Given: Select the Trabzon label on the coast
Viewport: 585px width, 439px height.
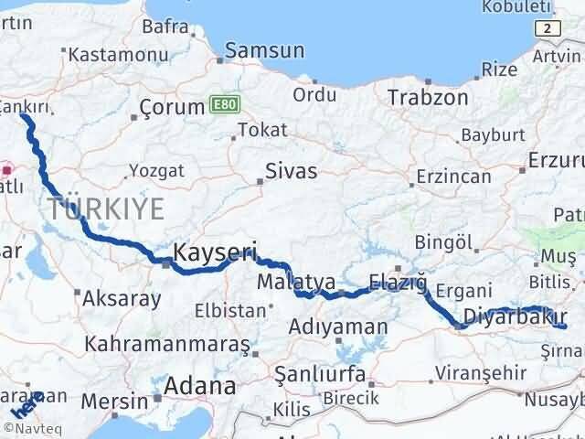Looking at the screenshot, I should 428,97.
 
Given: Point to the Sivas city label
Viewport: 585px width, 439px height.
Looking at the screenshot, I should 291,171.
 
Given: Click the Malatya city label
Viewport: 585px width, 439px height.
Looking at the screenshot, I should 296,280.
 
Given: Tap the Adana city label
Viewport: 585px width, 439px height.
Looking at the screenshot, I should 200,385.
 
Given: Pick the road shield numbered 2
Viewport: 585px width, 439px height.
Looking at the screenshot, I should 548,29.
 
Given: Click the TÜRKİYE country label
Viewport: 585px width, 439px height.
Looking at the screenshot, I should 107,209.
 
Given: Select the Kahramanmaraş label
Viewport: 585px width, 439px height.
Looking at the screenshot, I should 167,345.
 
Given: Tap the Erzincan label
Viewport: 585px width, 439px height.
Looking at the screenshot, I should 452,177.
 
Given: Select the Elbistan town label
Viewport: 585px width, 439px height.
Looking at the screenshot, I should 229,311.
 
